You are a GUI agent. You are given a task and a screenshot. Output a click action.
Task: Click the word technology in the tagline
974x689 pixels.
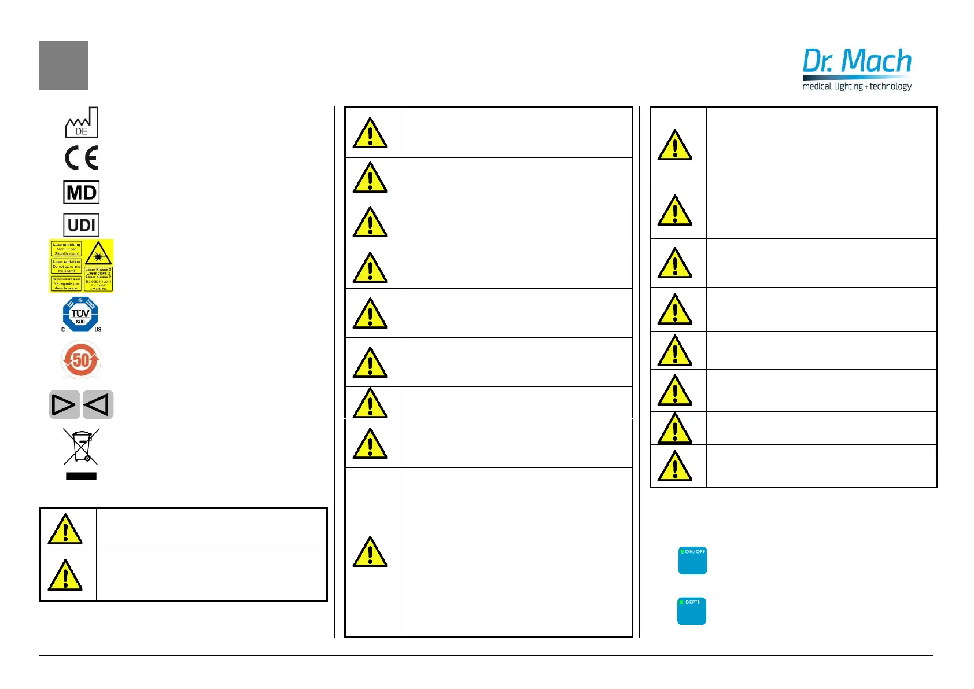(x=890, y=86)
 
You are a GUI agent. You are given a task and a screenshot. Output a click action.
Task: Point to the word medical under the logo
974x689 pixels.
(x=817, y=86)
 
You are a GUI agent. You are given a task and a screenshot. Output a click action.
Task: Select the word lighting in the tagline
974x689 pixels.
(x=848, y=86)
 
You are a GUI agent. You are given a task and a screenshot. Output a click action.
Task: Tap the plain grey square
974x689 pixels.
(x=64, y=65)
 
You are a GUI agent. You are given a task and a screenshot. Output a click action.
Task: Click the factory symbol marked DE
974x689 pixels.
(x=81, y=122)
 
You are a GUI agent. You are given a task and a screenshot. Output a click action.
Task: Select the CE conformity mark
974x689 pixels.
(x=82, y=158)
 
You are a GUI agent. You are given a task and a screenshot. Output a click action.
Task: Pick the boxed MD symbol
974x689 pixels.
(x=82, y=193)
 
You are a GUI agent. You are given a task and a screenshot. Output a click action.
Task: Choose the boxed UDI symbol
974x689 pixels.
(x=82, y=225)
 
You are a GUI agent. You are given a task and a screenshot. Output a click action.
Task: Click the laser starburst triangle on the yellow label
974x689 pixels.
(x=98, y=253)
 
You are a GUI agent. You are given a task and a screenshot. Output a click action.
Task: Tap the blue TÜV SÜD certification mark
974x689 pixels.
(x=80, y=314)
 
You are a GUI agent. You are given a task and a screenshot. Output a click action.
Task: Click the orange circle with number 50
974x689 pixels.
(x=81, y=360)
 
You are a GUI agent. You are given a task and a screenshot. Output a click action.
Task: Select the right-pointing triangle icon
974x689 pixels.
(x=64, y=404)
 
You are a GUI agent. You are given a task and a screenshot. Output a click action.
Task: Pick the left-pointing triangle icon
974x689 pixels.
(x=98, y=404)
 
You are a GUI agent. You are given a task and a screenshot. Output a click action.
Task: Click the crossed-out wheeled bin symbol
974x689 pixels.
(x=81, y=447)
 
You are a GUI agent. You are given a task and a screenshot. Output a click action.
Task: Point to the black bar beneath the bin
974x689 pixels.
(x=81, y=476)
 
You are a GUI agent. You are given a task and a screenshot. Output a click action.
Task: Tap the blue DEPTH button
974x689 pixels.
(x=692, y=611)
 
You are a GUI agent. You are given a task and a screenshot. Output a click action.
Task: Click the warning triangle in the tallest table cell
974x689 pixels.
(x=370, y=552)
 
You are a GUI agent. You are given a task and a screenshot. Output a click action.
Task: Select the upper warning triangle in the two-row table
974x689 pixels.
(x=65, y=529)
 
